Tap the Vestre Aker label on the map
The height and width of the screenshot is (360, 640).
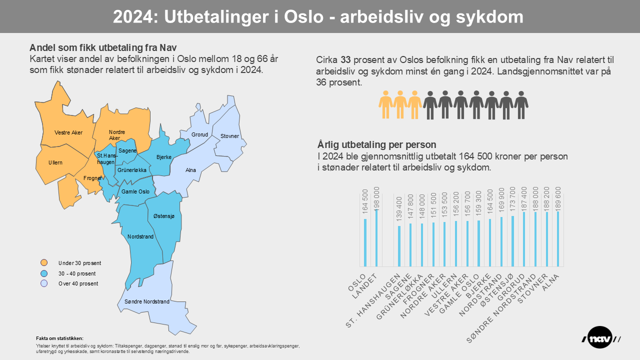[68, 132]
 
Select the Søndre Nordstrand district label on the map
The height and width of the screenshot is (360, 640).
[143, 301]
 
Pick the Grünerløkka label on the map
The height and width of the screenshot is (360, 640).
[132, 170]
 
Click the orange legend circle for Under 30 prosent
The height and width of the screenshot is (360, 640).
[44, 263]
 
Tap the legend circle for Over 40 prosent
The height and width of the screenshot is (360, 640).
[44, 283]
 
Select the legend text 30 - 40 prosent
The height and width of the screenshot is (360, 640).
[77, 273]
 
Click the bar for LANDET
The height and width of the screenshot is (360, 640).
[376, 238]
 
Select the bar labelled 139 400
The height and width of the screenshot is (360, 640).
[399, 246]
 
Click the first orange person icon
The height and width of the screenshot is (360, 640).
[386, 104]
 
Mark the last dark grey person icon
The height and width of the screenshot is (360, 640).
[521, 104]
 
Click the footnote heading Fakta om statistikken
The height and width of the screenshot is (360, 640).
[60, 338]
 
